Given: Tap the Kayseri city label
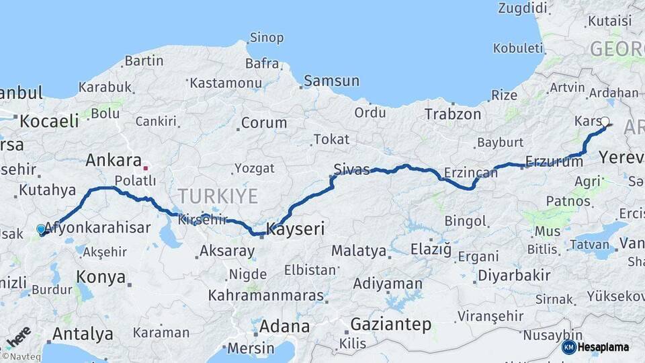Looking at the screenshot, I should (x=296, y=229).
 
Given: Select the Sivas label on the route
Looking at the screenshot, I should (x=352, y=169).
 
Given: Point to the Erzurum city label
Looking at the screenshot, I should (x=554, y=161).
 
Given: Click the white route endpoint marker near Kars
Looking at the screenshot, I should (x=605, y=122).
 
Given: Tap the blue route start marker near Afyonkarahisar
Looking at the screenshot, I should (x=41, y=229).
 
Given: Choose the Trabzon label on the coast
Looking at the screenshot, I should (x=453, y=114).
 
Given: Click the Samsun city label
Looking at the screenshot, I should (x=331, y=81).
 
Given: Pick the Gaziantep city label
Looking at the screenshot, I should (x=390, y=324).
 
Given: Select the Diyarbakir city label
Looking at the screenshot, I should (x=514, y=275).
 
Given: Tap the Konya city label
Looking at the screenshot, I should (x=101, y=276).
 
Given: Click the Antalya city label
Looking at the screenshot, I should (x=83, y=333).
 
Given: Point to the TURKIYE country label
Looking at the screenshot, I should (x=217, y=196).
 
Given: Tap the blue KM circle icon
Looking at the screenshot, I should (x=568, y=348).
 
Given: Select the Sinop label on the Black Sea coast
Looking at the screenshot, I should (x=267, y=38).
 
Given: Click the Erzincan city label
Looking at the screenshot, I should (x=470, y=173).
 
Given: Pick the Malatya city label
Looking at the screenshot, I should (x=359, y=251).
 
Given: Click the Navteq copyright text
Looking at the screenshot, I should (x=21, y=356).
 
